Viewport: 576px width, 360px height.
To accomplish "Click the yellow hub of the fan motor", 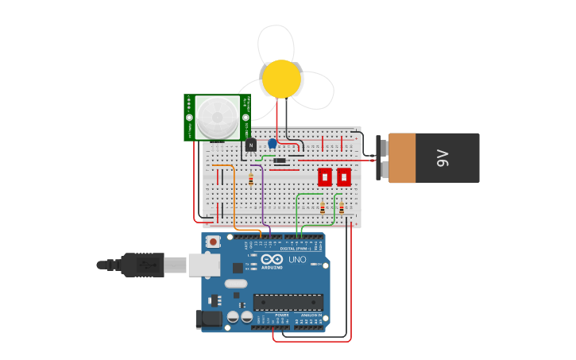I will click(x=281, y=79).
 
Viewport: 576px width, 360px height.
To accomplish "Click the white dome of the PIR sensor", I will click(x=217, y=117).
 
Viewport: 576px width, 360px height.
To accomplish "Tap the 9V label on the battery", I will click(x=443, y=158).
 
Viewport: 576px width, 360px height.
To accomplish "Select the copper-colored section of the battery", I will click(x=402, y=158).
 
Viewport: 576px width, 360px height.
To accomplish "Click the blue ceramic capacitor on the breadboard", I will click(x=273, y=143).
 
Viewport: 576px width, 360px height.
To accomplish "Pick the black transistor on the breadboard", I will click(x=251, y=145).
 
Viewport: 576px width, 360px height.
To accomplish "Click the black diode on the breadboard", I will click(x=280, y=161).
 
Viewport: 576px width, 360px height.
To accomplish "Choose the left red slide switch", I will click(x=325, y=176).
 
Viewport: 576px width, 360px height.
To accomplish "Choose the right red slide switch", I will click(x=344, y=176).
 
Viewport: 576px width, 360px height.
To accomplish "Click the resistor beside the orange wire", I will click(x=251, y=179).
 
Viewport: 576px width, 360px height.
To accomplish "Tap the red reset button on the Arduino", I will click(x=213, y=241).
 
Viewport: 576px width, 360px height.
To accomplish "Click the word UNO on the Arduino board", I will click(x=297, y=260).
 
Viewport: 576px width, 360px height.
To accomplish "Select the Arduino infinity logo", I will click(x=272, y=259).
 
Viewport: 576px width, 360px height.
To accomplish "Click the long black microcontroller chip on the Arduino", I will click(x=288, y=302).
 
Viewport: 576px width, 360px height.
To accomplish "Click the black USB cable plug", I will click(x=143, y=265).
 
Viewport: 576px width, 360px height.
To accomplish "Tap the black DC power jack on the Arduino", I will click(x=209, y=319).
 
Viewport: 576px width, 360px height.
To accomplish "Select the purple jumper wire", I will click(x=263, y=199).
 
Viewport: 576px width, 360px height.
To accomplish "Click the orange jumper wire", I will click(x=234, y=199).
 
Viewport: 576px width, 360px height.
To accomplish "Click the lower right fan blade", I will click(x=315, y=91).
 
